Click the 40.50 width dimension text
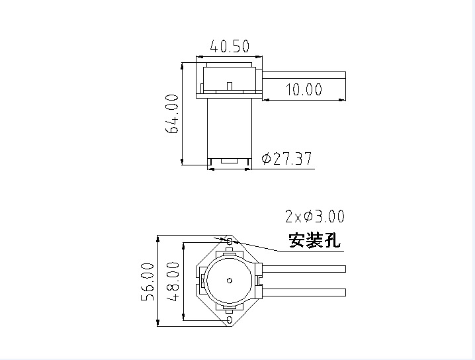(x=230, y=46)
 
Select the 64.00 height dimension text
(x=173, y=113)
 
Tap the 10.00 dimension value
(x=303, y=89)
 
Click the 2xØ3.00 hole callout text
(x=314, y=216)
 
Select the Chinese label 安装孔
(x=314, y=240)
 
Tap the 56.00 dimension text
(x=148, y=282)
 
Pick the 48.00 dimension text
(x=173, y=281)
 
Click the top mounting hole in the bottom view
(x=230, y=243)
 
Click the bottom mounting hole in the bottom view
(x=230, y=320)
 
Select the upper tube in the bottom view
(x=305, y=269)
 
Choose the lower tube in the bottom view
(x=305, y=292)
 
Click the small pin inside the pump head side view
(x=228, y=85)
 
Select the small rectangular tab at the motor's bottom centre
(x=229, y=161)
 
